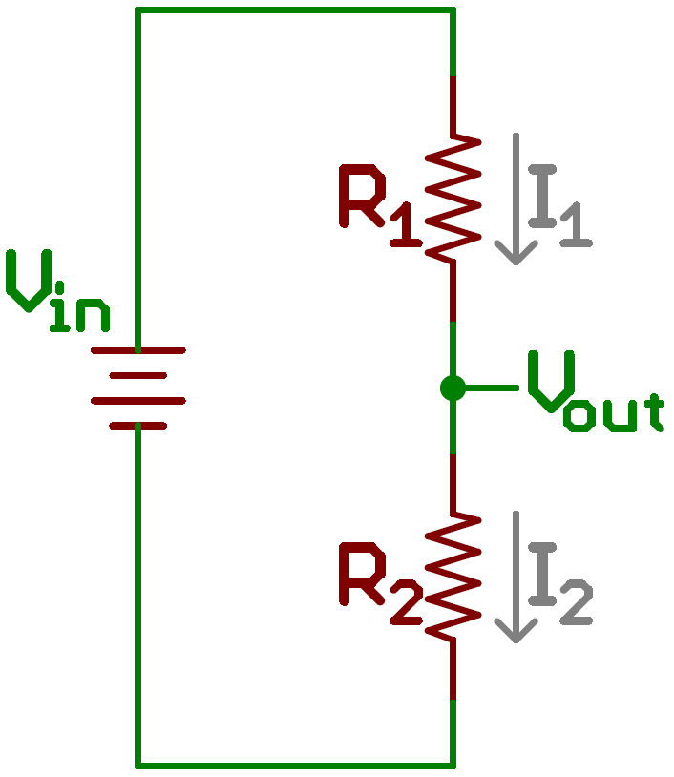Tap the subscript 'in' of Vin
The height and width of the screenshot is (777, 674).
point(79,313)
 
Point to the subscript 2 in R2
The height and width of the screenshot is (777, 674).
point(406,606)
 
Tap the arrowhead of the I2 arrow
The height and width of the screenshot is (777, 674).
point(516,631)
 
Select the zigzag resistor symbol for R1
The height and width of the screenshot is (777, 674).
point(452,198)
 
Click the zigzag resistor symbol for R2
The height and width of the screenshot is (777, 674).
point(452,576)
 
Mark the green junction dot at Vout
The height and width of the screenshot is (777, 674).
point(453,388)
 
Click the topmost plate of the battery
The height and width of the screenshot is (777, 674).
point(137,351)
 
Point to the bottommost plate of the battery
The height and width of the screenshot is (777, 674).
point(137,425)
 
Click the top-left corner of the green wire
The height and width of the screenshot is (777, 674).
point(138,11)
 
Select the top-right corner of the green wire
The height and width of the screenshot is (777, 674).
point(452,11)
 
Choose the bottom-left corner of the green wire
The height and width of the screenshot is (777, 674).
point(138,765)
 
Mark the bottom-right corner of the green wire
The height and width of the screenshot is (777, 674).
point(452,765)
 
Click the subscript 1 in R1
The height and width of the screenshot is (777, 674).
point(406,229)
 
